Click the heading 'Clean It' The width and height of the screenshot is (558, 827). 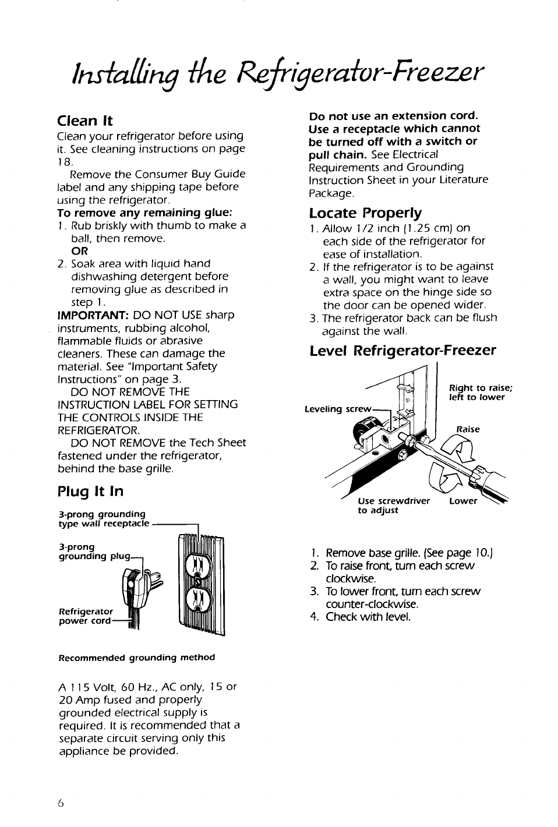tap(85, 121)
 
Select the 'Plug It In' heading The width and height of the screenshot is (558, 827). tap(90, 491)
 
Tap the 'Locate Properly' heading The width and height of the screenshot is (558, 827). tap(365, 212)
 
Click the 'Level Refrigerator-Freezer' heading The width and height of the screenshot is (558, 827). tap(402, 350)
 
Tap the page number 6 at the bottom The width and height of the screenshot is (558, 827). tap(61, 802)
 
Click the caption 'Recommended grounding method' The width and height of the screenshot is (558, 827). tap(137, 658)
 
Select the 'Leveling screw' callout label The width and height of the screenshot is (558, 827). tap(337, 409)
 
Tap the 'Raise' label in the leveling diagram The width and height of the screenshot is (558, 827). tap(468, 429)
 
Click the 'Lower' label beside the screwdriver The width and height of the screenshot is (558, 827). tap(463, 501)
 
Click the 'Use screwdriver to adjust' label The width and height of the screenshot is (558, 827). tap(393, 506)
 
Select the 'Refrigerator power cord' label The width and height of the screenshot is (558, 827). tap(86, 616)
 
